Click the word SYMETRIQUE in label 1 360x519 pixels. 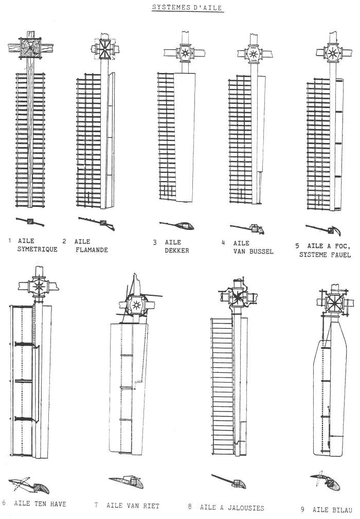point(38,250)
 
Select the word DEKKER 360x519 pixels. point(177,250)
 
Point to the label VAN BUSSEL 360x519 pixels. point(254,252)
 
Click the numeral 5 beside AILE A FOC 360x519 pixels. point(298,246)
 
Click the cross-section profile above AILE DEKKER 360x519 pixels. point(178,224)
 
